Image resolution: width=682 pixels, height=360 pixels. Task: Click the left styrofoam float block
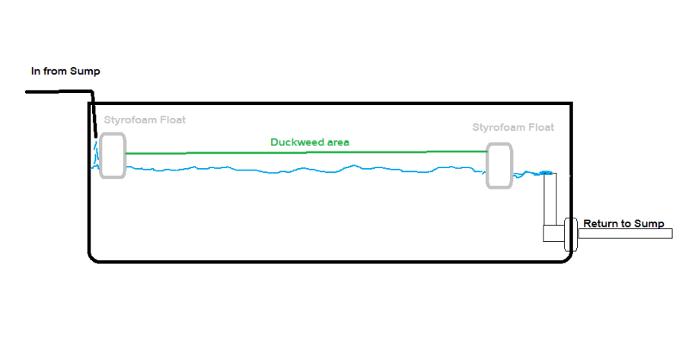(x=112, y=155)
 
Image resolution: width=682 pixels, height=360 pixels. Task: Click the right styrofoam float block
(x=499, y=164)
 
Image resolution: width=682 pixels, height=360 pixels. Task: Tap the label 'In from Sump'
(x=65, y=72)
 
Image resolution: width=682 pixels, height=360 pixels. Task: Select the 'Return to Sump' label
(x=623, y=224)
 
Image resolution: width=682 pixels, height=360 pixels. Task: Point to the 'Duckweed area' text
(x=310, y=142)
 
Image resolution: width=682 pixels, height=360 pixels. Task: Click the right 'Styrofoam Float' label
(x=513, y=127)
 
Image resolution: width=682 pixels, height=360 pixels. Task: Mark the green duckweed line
(x=304, y=152)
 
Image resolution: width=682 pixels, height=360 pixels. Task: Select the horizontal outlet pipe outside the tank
(x=624, y=234)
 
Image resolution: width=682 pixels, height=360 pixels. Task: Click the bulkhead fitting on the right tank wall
(x=568, y=234)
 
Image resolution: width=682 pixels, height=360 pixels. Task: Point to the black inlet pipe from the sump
(x=61, y=92)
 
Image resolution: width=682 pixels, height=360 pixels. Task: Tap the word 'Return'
(x=601, y=224)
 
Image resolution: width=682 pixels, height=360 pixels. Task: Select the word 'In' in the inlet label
(x=36, y=72)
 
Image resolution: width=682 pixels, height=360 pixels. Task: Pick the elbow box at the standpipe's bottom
(x=553, y=234)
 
